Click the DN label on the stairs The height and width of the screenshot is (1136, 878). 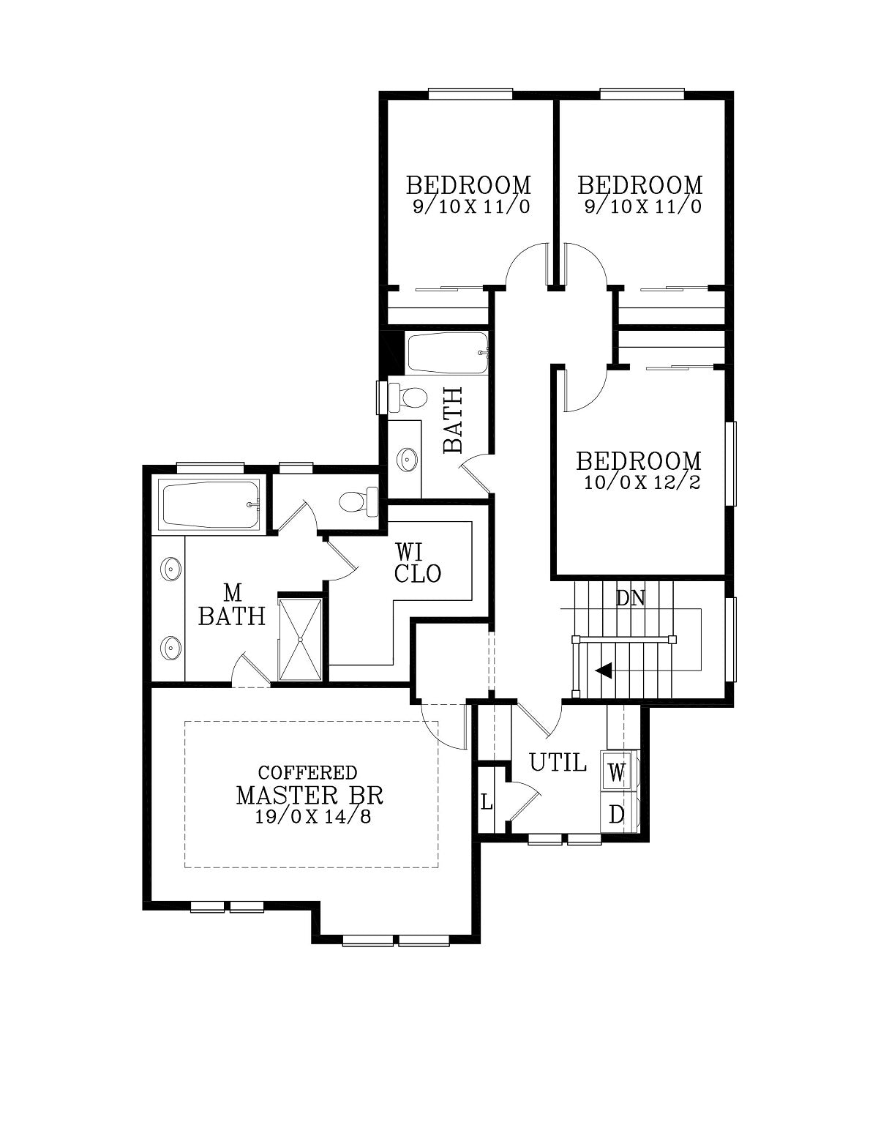tap(631, 598)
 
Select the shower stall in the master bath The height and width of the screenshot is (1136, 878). tap(300, 639)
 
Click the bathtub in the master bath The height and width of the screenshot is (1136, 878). tap(211, 504)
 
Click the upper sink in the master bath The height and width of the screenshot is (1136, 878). tap(170, 568)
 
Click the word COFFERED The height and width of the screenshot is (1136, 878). tap(307, 772)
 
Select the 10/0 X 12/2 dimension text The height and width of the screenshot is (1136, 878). tap(642, 482)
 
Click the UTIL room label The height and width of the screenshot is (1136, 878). tap(558, 763)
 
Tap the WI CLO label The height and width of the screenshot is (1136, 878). tap(417, 563)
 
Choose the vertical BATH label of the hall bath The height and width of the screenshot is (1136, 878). tap(452, 420)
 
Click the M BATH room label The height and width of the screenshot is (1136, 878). tap(232, 605)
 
